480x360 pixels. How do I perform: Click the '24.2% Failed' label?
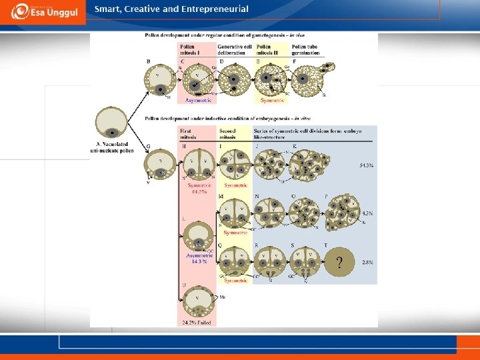pos(198,321)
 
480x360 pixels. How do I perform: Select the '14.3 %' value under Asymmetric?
pos(199,261)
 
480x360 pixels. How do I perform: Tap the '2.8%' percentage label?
pos(367,263)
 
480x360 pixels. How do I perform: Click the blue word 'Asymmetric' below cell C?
pos(199,100)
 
